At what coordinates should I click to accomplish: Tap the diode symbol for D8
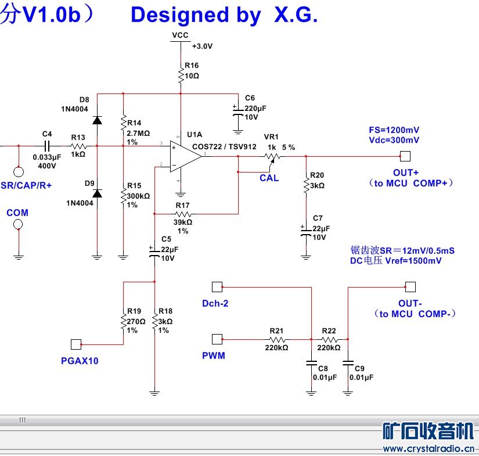coord(97,120)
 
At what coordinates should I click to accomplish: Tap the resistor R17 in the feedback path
coord(182,214)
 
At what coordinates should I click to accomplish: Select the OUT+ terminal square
coord(405,156)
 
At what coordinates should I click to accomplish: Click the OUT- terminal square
coord(410,286)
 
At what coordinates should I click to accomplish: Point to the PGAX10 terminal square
coord(75,344)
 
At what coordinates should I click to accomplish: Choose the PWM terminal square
coord(217,339)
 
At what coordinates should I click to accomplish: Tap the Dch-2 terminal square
coord(217,286)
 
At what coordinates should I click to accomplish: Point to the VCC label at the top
coord(180,35)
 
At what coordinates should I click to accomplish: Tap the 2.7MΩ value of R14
coord(138,133)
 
